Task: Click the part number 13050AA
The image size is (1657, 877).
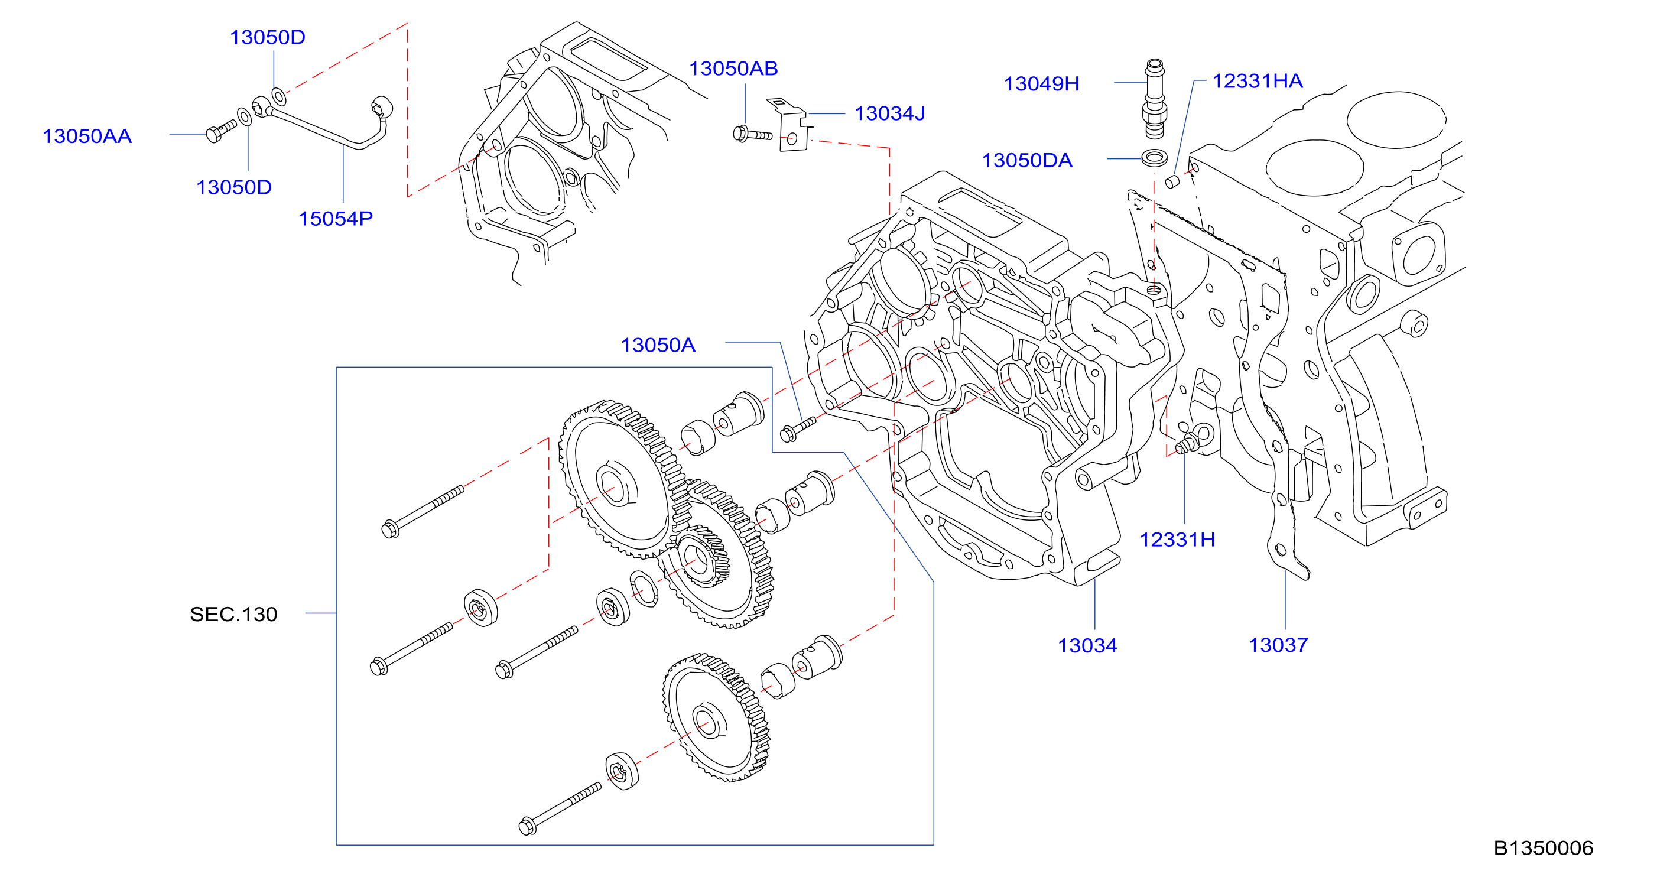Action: (x=87, y=137)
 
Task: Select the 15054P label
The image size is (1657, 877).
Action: (x=335, y=219)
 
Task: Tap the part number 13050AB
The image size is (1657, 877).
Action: (x=733, y=68)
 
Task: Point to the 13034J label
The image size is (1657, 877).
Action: (x=889, y=113)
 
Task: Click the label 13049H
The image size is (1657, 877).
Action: (x=1041, y=84)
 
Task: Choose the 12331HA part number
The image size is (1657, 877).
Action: (x=1258, y=81)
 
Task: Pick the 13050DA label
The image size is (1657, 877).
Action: (x=1026, y=160)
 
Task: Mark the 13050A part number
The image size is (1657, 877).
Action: (x=658, y=345)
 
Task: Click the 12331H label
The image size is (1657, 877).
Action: (x=1177, y=539)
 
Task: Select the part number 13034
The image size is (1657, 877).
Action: (x=1087, y=645)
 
